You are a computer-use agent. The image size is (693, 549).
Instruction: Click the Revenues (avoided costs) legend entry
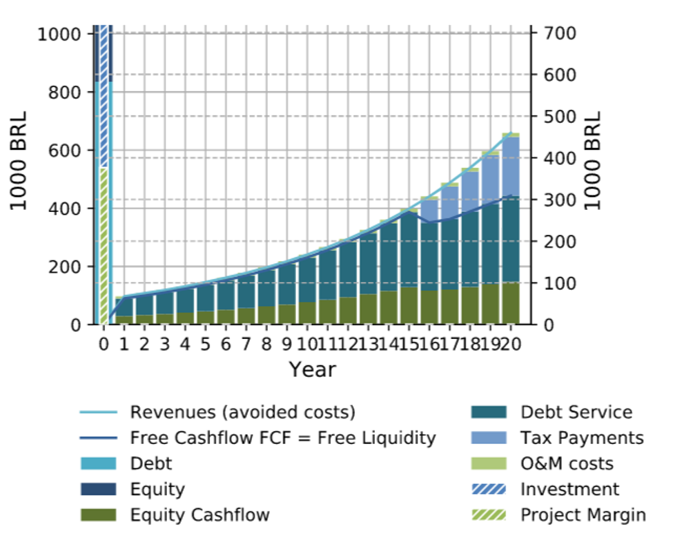pyautogui.click(x=242, y=412)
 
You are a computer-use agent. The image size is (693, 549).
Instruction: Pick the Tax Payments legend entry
pyautogui.click(x=582, y=438)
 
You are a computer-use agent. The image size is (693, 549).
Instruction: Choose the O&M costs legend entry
pyautogui.click(x=567, y=463)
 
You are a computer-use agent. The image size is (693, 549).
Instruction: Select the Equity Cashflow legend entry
pyautogui.click(x=199, y=515)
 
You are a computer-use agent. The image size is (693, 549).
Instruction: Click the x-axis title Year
pyautogui.click(x=312, y=369)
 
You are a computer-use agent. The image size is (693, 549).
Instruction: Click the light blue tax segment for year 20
pyautogui.click(x=511, y=166)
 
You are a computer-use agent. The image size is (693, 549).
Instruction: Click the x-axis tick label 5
pyautogui.click(x=205, y=343)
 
